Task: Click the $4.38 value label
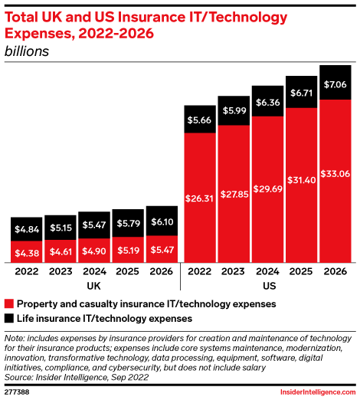point(26,252)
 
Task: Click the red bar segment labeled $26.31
point(199,198)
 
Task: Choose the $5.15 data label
point(60,228)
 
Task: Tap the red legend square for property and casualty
point(9,304)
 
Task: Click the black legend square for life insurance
point(9,317)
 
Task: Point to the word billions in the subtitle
point(28,51)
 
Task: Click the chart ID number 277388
point(18,391)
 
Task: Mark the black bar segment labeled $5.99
point(233,110)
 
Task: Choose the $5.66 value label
point(199,120)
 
